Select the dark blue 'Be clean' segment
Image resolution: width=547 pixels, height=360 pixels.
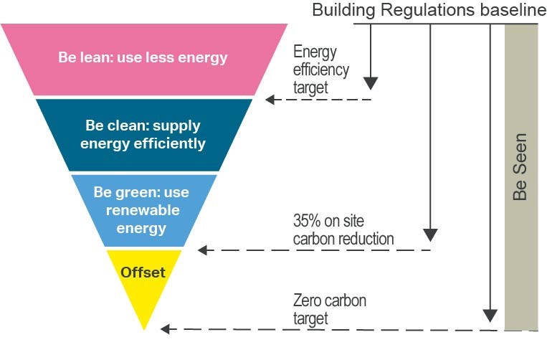coord(144,134)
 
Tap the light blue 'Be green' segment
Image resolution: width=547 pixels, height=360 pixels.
coord(143,210)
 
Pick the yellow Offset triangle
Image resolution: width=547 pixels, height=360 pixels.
coord(144,283)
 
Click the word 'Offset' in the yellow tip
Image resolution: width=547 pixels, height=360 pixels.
coord(143,273)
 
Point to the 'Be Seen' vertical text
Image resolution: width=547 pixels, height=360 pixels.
coord(520,166)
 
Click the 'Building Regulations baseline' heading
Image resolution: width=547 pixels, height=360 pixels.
coord(424,10)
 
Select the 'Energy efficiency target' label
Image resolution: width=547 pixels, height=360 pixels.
coord(321,70)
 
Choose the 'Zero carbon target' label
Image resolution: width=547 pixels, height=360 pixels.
coord(329,308)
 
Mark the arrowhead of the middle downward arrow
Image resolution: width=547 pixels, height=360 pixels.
coord(430,235)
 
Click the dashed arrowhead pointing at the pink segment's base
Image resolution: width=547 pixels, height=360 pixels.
coord(270,100)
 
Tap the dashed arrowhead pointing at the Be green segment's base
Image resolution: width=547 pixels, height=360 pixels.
coord(202,250)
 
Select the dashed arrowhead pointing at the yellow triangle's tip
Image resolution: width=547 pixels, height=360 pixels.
coord(165,329)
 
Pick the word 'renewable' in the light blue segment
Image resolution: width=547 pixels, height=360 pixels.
coord(144,211)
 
